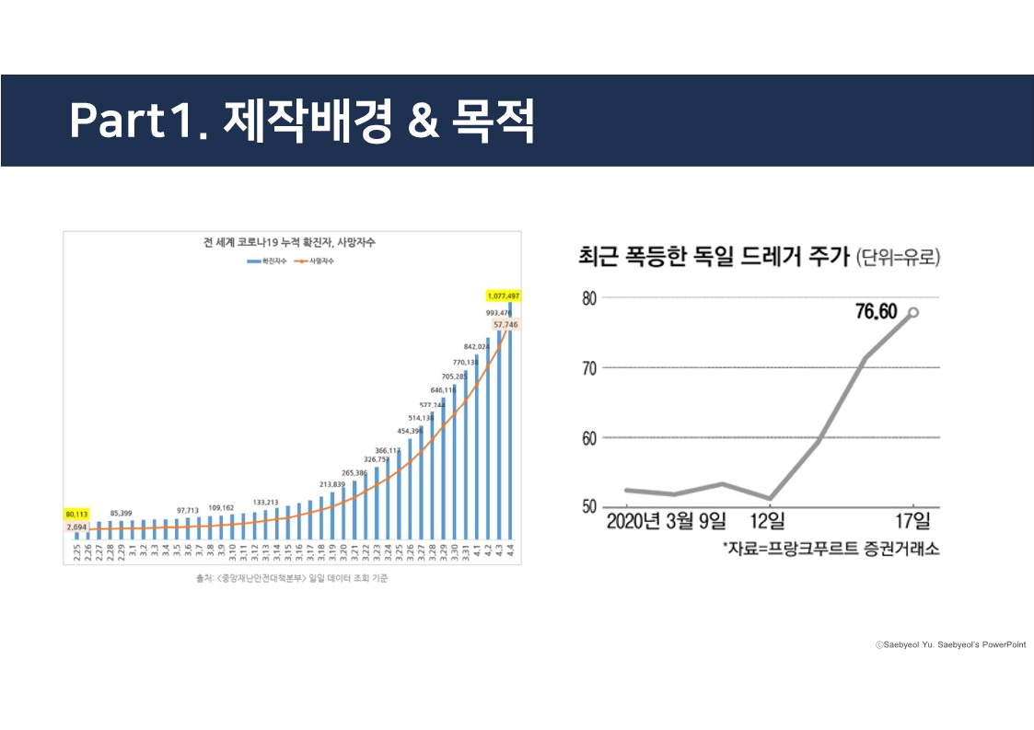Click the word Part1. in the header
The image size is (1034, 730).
pyautogui.click(x=137, y=120)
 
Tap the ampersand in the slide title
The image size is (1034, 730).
pyautogui.click(x=422, y=121)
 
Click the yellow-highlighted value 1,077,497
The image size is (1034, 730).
pyautogui.click(x=504, y=296)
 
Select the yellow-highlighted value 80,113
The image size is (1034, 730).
pyautogui.click(x=76, y=514)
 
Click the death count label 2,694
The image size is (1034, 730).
pyautogui.click(x=76, y=527)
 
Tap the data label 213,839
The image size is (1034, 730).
pyautogui.click(x=331, y=483)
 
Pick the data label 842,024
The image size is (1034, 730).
pyautogui.click(x=477, y=347)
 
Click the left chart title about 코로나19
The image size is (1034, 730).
pyautogui.click(x=289, y=244)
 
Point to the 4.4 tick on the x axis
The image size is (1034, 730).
pyautogui.click(x=510, y=553)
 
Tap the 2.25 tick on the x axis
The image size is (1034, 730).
pyautogui.click(x=77, y=554)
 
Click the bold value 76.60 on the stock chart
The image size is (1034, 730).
pyautogui.click(x=876, y=311)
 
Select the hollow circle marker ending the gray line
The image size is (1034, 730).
pyautogui.click(x=912, y=312)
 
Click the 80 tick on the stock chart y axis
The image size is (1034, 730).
pyautogui.click(x=589, y=298)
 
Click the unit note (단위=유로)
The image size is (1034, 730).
pyautogui.click(x=898, y=258)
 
